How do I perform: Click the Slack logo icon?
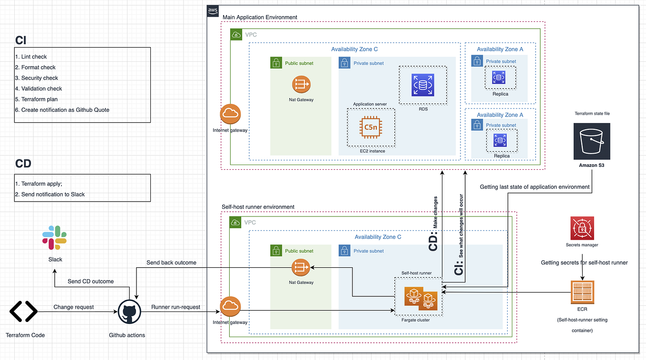[55, 237]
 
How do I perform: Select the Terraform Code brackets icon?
[23, 312]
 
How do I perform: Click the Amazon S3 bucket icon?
[591, 141]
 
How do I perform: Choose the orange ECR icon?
[582, 292]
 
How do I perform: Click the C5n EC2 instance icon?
[371, 127]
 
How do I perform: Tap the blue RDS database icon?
[423, 85]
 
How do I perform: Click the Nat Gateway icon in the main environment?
[301, 85]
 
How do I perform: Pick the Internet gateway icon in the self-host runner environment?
[230, 307]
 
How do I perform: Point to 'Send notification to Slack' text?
[52, 194]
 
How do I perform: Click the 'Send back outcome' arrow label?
[171, 263]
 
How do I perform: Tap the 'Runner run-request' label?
[176, 307]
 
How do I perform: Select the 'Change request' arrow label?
[73, 307]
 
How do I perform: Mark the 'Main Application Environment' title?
[260, 17]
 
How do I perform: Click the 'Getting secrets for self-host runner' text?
[584, 263]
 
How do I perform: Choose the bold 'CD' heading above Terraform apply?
[23, 164]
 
